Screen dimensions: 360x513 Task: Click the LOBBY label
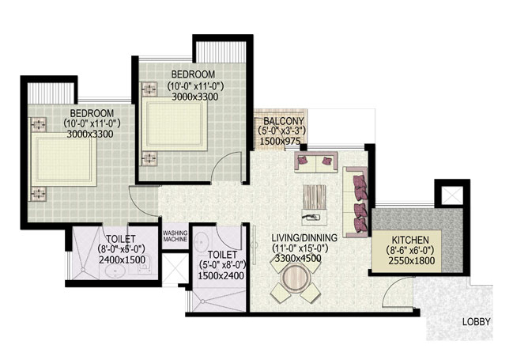point(477,321)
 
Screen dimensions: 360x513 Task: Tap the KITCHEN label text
point(410,240)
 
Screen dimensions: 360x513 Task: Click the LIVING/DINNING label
point(304,237)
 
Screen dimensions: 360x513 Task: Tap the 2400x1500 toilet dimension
point(117,258)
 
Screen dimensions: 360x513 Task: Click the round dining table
point(297,279)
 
